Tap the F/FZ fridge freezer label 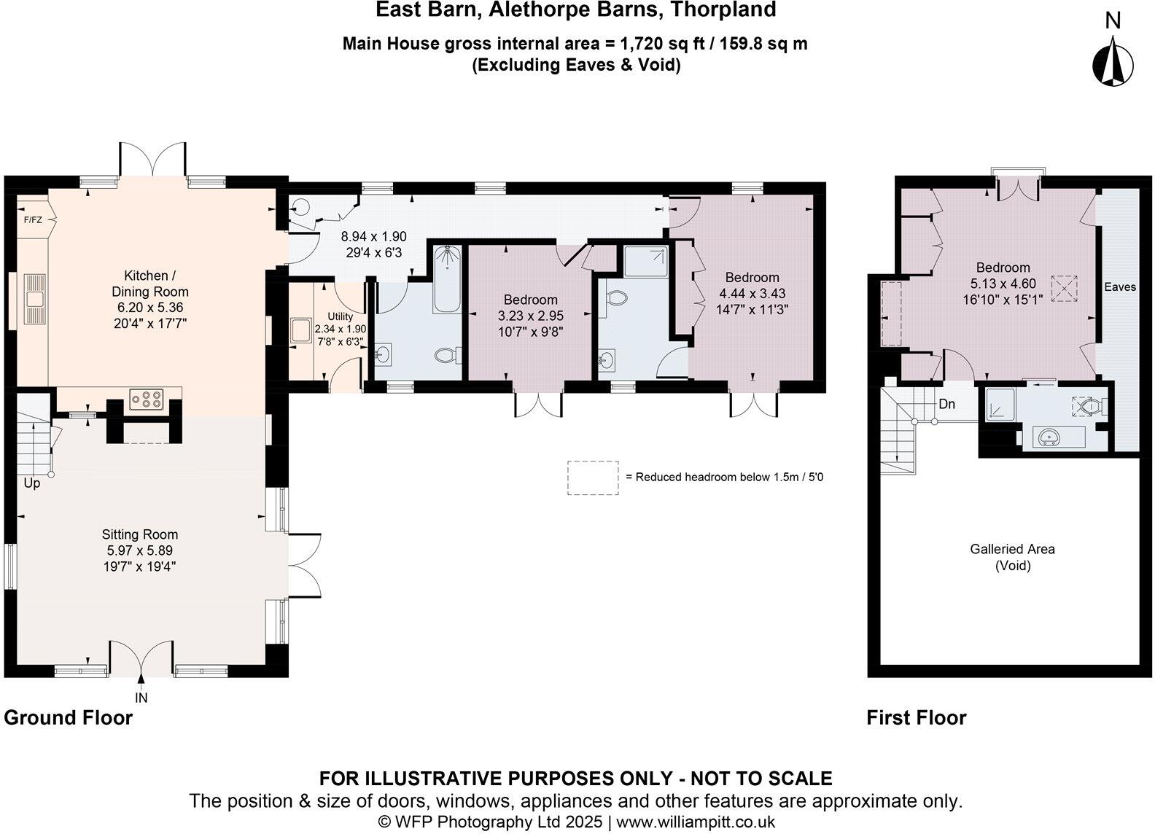(32, 219)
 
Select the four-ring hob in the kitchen (146, 399)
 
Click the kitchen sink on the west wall (34, 298)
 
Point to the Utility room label (340, 316)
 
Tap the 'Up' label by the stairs (32, 483)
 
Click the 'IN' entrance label (141, 698)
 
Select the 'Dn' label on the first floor (946, 404)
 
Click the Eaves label (1119, 287)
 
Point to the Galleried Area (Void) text (1012, 557)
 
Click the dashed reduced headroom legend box (593, 478)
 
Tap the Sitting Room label (140, 534)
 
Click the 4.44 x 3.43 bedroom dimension (752, 293)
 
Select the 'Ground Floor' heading (69, 717)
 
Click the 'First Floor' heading (916, 718)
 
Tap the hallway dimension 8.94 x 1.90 (373, 237)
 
